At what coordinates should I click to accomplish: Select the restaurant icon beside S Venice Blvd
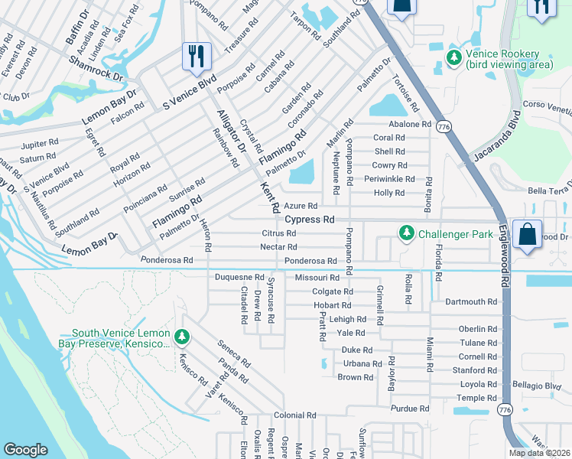197,56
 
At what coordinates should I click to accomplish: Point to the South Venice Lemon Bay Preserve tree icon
181,337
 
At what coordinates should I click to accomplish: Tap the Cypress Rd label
310,220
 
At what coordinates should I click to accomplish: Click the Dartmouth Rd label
471,302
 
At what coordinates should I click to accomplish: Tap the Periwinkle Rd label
389,179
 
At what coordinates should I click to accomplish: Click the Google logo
25,450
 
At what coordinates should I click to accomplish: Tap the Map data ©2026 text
540,453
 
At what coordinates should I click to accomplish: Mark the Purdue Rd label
410,409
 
